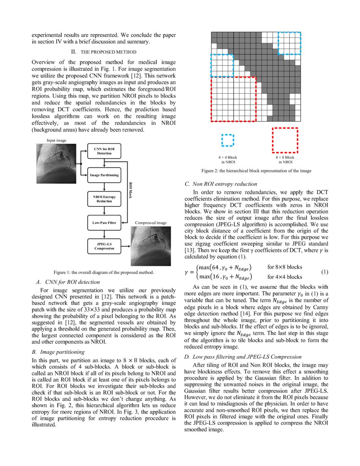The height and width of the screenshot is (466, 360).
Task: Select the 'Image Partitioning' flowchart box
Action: [104, 175]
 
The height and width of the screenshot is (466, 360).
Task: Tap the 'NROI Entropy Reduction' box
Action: [104, 199]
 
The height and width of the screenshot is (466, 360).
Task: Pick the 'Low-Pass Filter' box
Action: [104, 222]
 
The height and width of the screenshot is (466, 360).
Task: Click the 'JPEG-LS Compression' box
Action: [104, 246]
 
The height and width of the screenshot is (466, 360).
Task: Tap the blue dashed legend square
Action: [227, 140]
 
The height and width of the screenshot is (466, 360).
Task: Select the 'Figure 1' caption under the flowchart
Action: [103, 272]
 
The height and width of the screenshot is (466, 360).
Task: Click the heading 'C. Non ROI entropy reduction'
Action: [221, 184]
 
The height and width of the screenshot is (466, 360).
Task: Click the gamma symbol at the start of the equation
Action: [187, 272]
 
